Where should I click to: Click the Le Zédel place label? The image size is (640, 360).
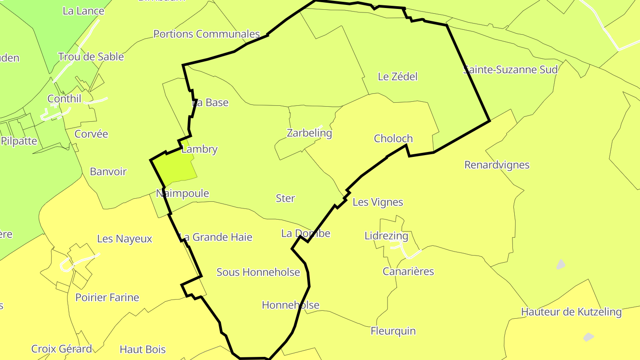coord(397,76)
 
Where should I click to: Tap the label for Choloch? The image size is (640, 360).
coord(393,139)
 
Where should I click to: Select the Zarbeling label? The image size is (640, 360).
coord(309,133)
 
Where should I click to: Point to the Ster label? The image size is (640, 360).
coord(285,198)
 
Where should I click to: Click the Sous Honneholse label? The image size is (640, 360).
coord(258,272)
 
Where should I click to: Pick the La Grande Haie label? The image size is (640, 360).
coord(216,237)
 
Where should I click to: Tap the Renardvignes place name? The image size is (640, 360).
coord(497,165)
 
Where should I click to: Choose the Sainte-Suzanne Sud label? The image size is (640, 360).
coord(510,70)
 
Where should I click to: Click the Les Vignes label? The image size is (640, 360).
coord(378,202)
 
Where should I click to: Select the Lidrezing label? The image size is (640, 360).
coord(386,236)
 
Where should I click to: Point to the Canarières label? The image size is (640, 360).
coord(408,272)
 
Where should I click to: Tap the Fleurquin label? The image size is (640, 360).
coord(393,331)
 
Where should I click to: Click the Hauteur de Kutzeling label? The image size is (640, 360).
coord(571,312)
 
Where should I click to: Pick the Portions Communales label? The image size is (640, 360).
coord(206,34)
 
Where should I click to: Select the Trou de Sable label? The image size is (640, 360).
coord(91,57)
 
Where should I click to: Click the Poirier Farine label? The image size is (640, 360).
coord(107,298)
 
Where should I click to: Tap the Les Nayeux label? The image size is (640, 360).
coord(124,239)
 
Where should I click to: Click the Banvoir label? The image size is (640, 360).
coord(108,172)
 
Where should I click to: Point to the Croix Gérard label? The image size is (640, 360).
coord(61,349)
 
